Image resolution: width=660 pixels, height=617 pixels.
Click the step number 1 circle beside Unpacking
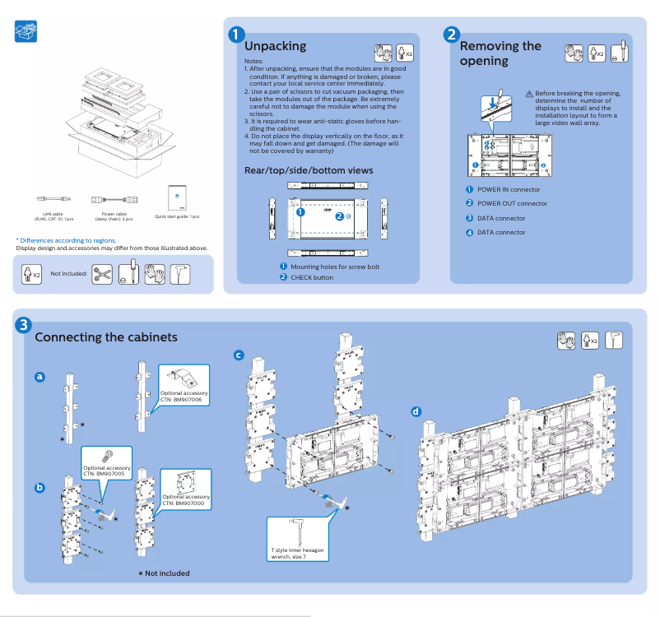coord(236,35)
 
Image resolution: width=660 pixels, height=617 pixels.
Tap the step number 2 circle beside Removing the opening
coord(451,35)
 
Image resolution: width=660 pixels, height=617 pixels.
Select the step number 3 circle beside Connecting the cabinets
coord(26,325)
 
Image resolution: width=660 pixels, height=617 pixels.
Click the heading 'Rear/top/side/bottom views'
coord(309,170)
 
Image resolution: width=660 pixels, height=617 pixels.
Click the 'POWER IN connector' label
coord(509,189)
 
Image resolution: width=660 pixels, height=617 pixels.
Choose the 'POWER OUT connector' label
coord(512,203)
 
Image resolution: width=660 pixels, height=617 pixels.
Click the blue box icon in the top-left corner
coord(26,32)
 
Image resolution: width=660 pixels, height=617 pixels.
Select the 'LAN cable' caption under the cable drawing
coord(53,216)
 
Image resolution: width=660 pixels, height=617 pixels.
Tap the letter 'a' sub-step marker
coord(40,377)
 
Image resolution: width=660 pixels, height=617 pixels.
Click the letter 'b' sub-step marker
coord(40,487)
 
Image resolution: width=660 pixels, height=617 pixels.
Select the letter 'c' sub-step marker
coord(239,355)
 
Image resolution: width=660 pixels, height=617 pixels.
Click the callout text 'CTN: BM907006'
coord(184,400)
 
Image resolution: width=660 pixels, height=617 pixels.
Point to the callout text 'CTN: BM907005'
coord(104,475)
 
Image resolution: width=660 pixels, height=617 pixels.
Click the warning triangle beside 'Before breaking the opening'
coord(529,94)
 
